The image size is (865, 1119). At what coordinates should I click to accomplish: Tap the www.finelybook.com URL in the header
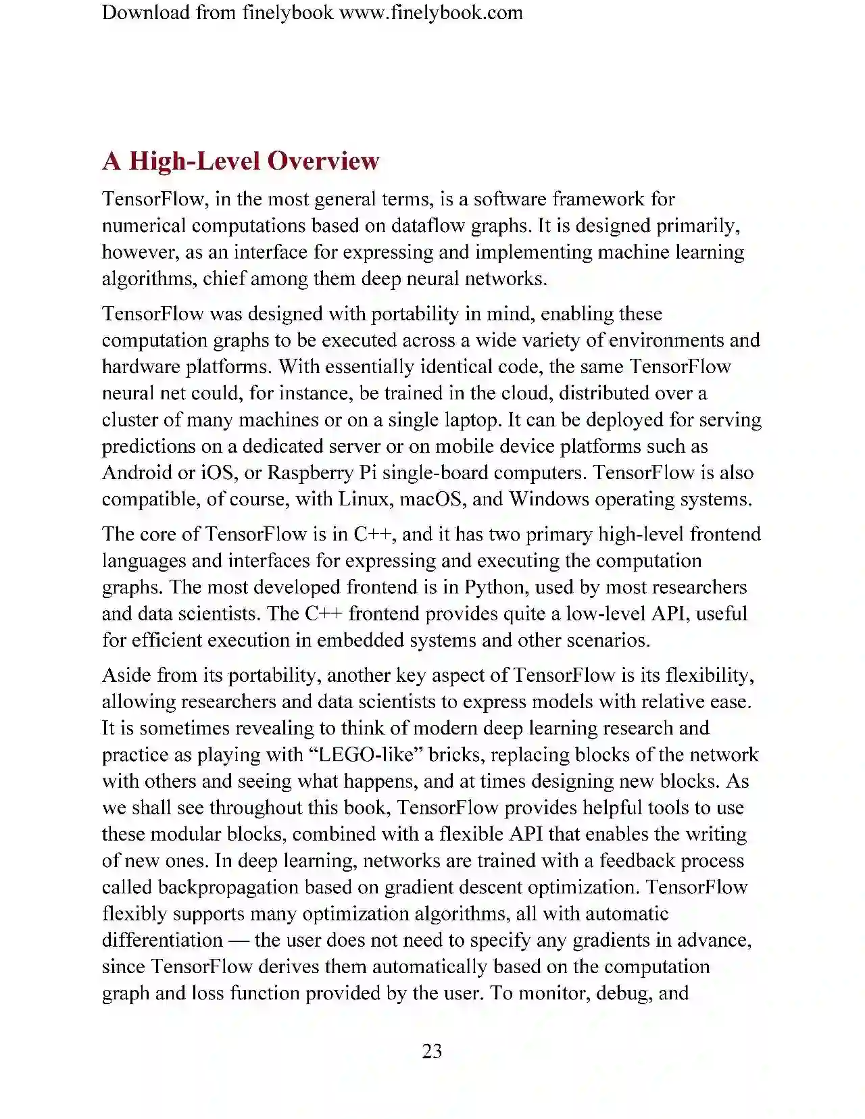(x=430, y=12)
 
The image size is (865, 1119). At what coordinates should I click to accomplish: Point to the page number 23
(x=432, y=1051)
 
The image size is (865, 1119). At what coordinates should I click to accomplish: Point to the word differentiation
(x=162, y=940)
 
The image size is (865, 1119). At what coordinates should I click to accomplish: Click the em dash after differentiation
(x=239, y=940)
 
